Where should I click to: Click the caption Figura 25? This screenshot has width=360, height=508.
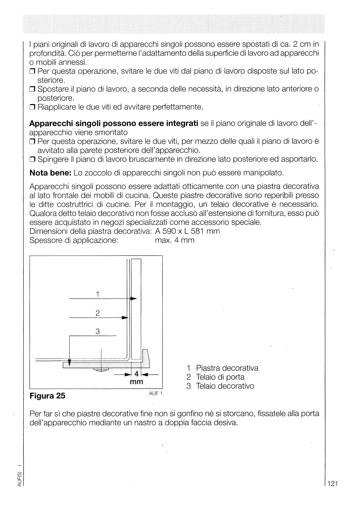point(47,396)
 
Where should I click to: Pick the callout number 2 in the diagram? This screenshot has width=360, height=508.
point(98,313)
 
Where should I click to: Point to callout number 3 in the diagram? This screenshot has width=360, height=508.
point(98,331)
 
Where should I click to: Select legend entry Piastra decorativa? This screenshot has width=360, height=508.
point(227,368)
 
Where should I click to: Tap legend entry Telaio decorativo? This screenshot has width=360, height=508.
point(225,386)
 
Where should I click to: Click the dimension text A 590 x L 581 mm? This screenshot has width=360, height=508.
point(187,231)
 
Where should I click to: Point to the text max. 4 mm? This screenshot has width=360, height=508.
point(174,240)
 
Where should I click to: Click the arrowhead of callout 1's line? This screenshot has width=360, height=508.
point(134,299)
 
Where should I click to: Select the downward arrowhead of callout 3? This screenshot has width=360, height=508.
point(70,362)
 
